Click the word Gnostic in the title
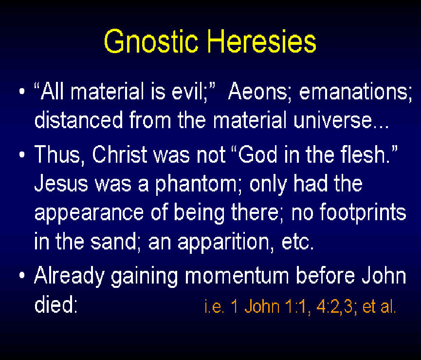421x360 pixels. pyautogui.click(x=151, y=41)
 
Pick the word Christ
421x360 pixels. pyautogui.click(x=119, y=154)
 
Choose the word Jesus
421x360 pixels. pyautogui.click(x=61, y=183)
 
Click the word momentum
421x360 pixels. pyautogui.click(x=237, y=276)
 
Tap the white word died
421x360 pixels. pyautogui.click(x=56, y=304)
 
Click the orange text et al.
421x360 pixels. pyautogui.click(x=379, y=306)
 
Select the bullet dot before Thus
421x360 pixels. pyautogui.click(x=22, y=155)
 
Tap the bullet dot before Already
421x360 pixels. pyautogui.click(x=22, y=275)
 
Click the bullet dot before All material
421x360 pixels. pyautogui.click(x=22, y=91)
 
